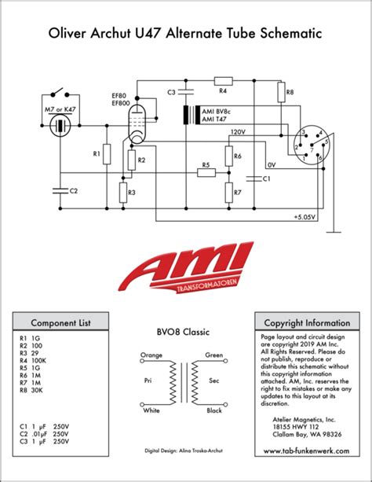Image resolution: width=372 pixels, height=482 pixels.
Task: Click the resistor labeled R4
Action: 223,80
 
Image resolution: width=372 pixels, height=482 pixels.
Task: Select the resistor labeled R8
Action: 280,94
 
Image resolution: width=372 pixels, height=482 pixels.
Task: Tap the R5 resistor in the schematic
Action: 206,175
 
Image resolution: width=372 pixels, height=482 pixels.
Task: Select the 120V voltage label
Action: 236,133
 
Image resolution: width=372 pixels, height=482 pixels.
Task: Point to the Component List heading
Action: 60,322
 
